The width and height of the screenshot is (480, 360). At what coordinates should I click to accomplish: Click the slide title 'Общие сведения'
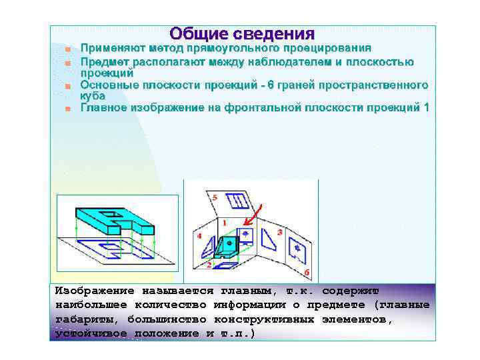(241, 34)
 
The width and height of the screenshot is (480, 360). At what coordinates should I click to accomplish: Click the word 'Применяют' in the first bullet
(109, 49)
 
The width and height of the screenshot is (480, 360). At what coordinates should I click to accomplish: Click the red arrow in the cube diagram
(253, 216)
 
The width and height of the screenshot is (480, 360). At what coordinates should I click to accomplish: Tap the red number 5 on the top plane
(215, 197)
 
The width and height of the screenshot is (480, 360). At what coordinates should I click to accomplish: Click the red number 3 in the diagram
(280, 232)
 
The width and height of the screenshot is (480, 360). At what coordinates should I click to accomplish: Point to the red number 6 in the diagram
(306, 273)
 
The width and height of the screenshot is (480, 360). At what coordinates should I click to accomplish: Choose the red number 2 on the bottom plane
(209, 265)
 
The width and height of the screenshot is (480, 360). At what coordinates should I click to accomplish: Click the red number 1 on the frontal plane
(225, 223)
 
